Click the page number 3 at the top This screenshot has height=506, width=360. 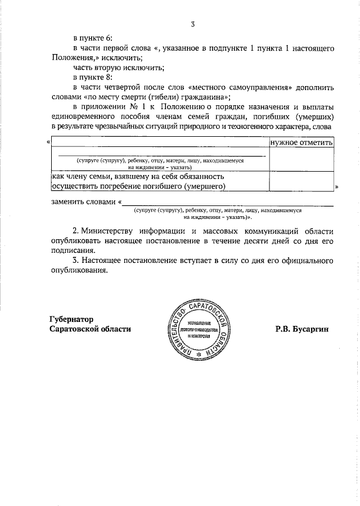(192, 24)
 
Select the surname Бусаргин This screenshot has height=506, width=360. (310, 329)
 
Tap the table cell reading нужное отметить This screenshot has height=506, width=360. (302, 142)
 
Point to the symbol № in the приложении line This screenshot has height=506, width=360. (134, 108)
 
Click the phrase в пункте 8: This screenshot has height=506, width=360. (93, 78)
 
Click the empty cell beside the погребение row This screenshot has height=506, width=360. (302, 181)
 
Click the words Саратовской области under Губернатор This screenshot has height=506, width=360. (90, 329)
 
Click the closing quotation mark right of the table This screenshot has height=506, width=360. (336, 186)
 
